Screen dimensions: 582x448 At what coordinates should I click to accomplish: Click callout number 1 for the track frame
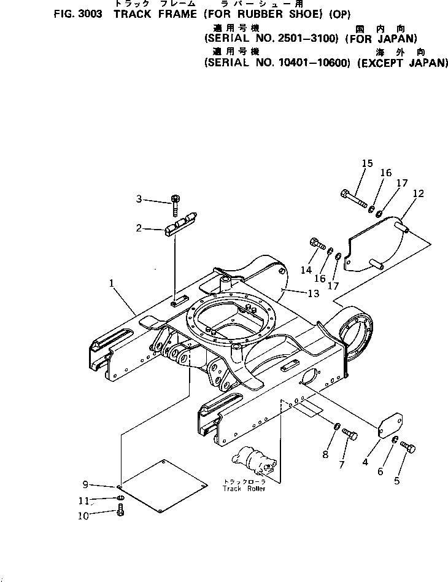(x=112, y=284)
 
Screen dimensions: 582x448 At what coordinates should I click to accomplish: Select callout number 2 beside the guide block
(x=139, y=228)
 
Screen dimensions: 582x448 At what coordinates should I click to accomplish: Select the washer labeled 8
(x=337, y=427)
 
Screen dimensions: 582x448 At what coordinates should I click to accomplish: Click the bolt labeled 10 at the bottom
(x=120, y=510)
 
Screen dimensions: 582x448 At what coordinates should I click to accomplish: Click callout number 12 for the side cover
(x=418, y=194)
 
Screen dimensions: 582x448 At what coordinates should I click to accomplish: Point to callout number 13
(x=313, y=294)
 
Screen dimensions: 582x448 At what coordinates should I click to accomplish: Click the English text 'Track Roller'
(x=245, y=489)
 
